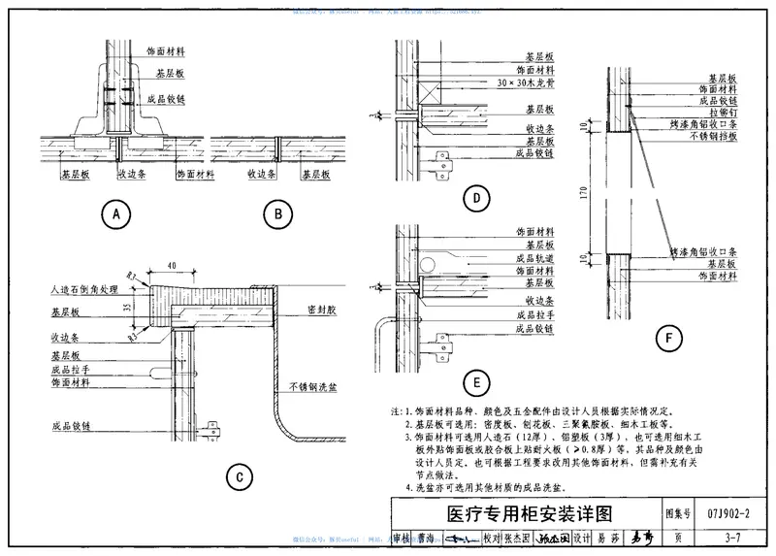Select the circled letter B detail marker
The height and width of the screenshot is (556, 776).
(x=277, y=213)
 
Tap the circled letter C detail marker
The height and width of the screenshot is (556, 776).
(x=239, y=475)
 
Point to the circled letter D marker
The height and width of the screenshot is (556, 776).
(x=475, y=201)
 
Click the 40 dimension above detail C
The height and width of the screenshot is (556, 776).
(x=171, y=265)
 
